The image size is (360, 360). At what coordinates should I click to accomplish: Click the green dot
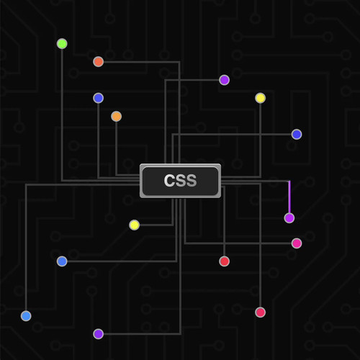tap(62, 44)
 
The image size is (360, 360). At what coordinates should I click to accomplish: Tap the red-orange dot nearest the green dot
tap(98, 62)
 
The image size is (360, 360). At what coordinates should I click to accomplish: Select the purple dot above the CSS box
tap(224, 80)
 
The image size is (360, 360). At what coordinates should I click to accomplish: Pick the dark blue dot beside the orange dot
tap(98, 98)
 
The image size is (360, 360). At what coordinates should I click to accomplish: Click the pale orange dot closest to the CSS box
tap(117, 117)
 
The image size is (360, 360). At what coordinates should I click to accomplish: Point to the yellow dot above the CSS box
tap(261, 98)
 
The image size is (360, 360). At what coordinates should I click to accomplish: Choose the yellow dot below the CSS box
tap(134, 225)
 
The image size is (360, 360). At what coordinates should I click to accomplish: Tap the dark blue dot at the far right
tap(297, 134)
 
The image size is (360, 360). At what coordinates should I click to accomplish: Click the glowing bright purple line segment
tap(289, 197)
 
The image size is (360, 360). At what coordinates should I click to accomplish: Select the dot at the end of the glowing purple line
tap(289, 218)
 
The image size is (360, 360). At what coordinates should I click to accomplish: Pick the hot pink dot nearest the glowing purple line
tap(297, 243)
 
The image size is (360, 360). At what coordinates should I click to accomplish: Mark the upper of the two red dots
tap(224, 261)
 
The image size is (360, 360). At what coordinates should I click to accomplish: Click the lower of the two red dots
tap(260, 312)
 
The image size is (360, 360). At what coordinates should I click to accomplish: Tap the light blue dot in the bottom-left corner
tap(26, 316)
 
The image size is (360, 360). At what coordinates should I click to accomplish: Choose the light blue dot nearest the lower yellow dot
tap(62, 261)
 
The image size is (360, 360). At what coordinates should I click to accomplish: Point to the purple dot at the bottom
tap(98, 334)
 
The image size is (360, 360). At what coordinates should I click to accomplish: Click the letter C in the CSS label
tap(169, 181)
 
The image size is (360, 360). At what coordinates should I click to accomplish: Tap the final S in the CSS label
tap(192, 181)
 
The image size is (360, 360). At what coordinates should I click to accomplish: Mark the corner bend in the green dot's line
tap(62, 181)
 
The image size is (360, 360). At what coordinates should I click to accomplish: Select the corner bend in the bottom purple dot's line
tap(180, 334)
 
